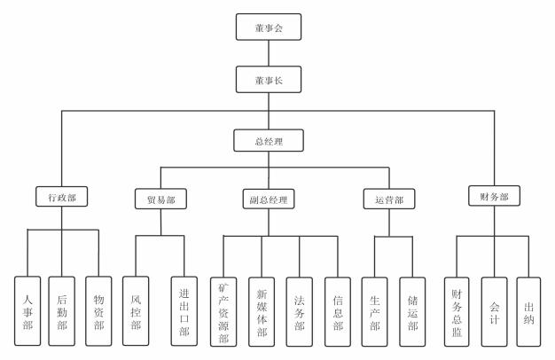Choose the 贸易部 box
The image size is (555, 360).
(160, 200)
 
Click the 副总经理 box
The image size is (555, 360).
(268, 200)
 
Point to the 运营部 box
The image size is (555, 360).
(383, 200)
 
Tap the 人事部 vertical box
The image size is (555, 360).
(28, 310)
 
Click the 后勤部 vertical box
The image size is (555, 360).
(62, 310)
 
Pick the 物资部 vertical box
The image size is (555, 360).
(98, 310)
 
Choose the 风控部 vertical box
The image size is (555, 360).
(136, 310)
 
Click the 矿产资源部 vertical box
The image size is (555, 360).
(223, 310)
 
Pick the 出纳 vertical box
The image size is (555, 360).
(528, 310)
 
